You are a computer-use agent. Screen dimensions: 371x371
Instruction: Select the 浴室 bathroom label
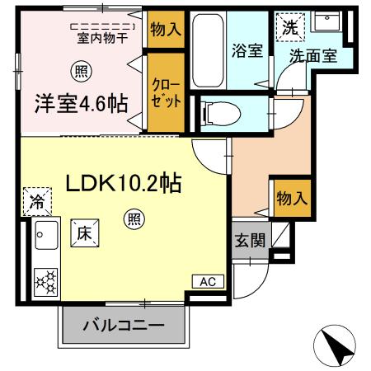(247, 49)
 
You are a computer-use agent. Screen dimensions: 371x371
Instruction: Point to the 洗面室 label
(312, 56)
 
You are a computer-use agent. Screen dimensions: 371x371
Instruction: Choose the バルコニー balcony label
(123, 326)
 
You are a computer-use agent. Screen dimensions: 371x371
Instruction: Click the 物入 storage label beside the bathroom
(166, 30)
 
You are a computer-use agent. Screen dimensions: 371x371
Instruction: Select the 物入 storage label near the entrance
(291, 199)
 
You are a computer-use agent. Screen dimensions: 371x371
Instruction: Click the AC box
(207, 282)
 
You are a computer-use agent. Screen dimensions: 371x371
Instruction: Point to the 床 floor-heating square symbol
(85, 232)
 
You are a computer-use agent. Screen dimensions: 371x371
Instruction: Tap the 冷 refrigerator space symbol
(37, 200)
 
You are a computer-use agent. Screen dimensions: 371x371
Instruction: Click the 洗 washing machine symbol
(289, 26)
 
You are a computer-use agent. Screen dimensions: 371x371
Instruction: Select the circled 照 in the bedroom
(80, 70)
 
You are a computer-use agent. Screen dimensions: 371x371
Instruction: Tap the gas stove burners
(45, 281)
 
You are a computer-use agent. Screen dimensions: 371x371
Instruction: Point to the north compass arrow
(336, 344)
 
